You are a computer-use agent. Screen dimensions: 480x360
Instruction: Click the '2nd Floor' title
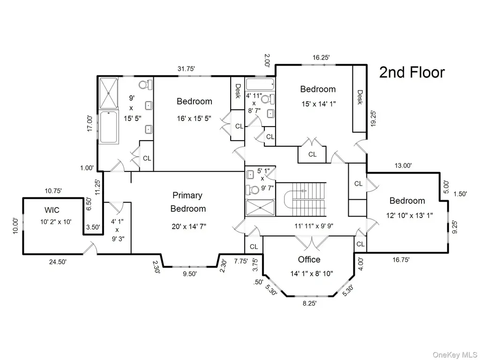point(412,73)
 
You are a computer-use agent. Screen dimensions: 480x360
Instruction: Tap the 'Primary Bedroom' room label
point(187,202)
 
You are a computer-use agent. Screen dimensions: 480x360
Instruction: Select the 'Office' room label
point(309,260)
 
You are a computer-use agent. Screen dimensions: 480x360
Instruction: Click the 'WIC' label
point(52,210)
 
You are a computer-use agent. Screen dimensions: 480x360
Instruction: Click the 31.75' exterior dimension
point(186,69)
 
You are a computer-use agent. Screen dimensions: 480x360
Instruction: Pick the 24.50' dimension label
point(58,262)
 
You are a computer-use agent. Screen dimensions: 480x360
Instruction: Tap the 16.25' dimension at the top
point(321,58)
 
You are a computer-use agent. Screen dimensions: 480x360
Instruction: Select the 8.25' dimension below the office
point(309,303)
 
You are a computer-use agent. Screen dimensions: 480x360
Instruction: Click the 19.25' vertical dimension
point(373,119)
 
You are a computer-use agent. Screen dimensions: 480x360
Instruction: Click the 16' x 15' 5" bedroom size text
point(194,119)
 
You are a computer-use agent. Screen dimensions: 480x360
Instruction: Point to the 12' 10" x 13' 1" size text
point(410,216)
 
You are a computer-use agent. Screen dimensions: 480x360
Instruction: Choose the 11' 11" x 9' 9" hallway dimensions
point(314,226)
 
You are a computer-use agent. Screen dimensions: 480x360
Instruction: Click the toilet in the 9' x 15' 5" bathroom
point(145,84)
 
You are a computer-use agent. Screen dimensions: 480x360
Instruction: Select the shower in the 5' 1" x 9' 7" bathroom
point(260,208)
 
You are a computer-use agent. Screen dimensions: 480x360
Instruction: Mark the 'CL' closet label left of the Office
point(254,247)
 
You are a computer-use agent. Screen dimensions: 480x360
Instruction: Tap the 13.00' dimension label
point(403,165)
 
